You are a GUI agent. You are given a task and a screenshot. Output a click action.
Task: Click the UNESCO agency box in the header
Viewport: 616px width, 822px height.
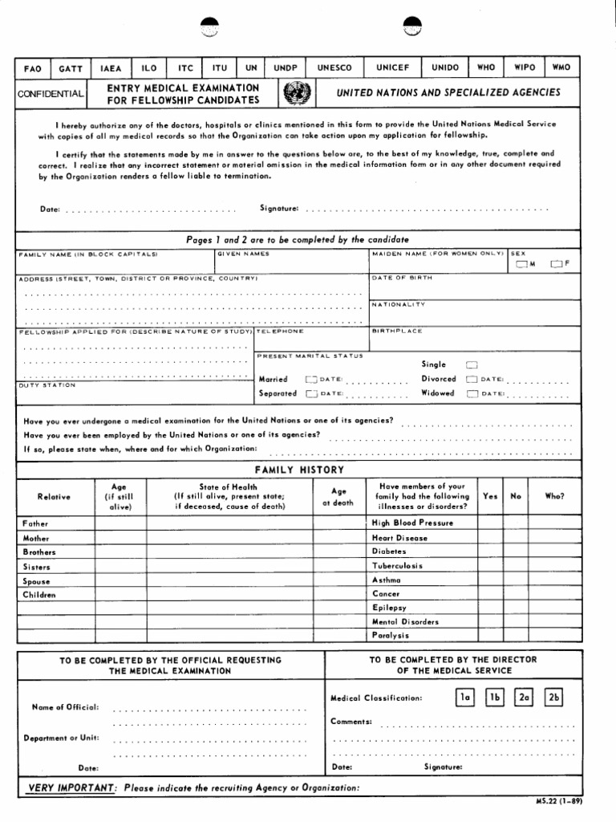(334, 68)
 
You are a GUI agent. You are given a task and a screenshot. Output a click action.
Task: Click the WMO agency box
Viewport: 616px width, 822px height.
(561, 67)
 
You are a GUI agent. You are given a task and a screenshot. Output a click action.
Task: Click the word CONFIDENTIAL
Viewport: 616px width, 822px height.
(50, 95)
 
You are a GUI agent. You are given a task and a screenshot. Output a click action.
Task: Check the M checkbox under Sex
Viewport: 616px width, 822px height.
(522, 264)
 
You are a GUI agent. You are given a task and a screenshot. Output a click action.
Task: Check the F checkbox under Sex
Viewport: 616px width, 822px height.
(556, 264)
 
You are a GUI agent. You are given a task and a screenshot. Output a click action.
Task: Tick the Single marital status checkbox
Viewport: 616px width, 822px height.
(472, 364)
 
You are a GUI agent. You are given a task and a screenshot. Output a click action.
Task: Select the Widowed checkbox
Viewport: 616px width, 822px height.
(472, 394)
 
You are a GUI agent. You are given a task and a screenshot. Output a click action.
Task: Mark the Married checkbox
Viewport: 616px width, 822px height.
(310, 379)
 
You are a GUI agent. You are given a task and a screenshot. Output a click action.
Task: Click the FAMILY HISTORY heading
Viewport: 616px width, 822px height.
(299, 470)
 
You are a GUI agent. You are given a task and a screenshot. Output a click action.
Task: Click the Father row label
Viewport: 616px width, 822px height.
(35, 523)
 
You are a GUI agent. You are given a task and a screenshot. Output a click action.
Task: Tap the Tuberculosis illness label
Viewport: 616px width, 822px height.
(397, 566)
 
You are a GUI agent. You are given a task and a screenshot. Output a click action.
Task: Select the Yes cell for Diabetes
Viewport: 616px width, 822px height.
(490, 551)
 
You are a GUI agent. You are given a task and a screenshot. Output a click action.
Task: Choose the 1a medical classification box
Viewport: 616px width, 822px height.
(464, 698)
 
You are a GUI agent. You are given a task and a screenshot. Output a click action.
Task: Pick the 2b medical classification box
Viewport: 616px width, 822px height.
(553, 698)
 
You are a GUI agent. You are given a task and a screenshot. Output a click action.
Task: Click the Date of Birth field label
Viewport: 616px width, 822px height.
(402, 278)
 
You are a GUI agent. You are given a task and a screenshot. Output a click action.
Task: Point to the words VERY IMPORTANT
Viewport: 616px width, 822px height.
(72, 787)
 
